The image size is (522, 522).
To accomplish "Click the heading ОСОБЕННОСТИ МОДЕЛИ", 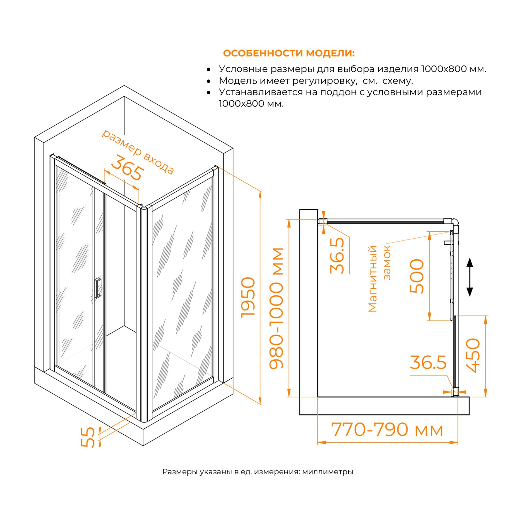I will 288,53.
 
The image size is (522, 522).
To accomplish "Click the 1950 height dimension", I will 248,297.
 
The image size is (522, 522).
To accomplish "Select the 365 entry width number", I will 127,168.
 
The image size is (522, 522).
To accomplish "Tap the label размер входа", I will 137,152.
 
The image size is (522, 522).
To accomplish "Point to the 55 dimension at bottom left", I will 88,437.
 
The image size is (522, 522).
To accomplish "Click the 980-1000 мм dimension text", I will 277,308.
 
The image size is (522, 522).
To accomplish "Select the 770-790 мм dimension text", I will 387,430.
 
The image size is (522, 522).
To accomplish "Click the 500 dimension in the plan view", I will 417,276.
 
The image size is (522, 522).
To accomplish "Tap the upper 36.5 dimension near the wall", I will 337,255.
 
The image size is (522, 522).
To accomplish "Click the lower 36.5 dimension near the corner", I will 428,363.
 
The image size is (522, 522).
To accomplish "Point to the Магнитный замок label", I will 379,278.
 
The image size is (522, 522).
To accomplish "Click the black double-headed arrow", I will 469,277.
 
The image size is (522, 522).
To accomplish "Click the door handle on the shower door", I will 97,288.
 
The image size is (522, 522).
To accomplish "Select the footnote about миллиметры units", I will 258,472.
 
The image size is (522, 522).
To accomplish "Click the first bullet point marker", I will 208,70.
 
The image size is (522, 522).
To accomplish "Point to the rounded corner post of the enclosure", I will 143,313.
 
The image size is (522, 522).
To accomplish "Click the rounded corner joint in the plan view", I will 455,221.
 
